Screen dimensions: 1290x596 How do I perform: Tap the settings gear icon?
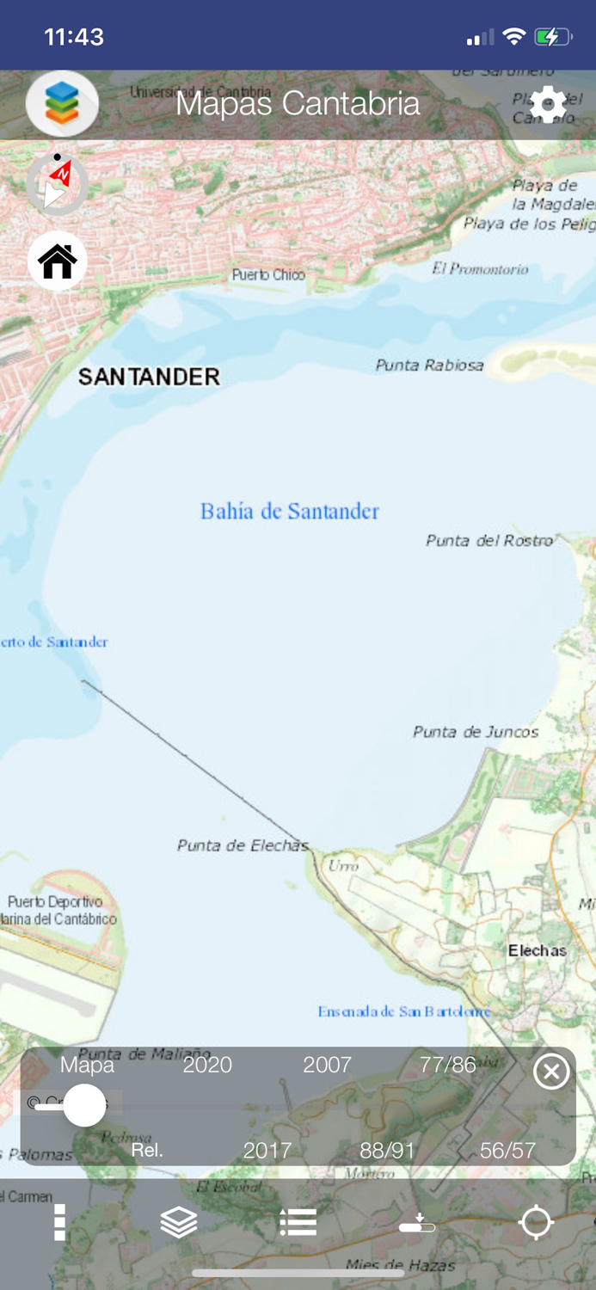pyautogui.click(x=548, y=105)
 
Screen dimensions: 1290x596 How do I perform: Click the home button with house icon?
pyautogui.click(x=58, y=261)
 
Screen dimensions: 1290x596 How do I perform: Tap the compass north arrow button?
pyautogui.click(x=57, y=184)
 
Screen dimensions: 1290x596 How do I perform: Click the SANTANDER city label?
pyautogui.click(x=149, y=377)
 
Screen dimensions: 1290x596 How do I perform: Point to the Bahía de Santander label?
pyautogui.click(x=289, y=512)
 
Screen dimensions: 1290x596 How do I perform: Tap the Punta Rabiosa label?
pyautogui.click(x=429, y=365)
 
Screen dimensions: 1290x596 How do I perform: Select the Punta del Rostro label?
pyautogui.click(x=488, y=541)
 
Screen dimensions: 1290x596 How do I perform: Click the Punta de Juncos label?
pyautogui.click(x=476, y=732)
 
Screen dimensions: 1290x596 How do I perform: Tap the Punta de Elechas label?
pyautogui.click(x=243, y=845)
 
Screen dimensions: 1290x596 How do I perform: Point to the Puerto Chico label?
pyautogui.click(x=268, y=275)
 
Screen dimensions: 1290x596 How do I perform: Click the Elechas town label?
pyautogui.click(x=537, y=950)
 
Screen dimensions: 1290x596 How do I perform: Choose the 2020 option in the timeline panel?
pyautogui.click(x=207, y=1065)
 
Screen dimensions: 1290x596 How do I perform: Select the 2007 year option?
pyautogui.click(x=327, y=1065)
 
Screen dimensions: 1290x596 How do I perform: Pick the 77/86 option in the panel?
pyautogui.click(x=447, y=1065)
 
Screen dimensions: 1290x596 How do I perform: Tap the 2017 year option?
pyautogui.click(x=267, y=1151)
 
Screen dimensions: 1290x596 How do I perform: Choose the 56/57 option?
pyautogui.click(x=507, y=1151)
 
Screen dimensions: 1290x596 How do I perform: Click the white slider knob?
pyautogui.click(x=84, y=1105)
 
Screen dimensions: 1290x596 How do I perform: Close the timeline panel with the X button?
pyautogui.click(x=551, y=1072)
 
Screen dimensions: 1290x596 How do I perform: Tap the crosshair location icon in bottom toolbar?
pyautogui.click(x=536, y=1222)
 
